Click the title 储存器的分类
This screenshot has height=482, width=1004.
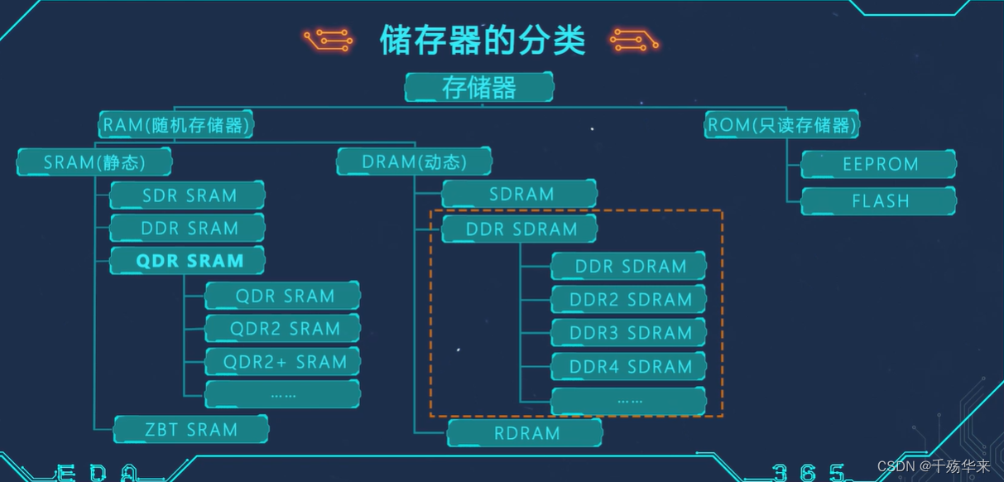pos(482,40)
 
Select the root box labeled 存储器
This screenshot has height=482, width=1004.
pos(479,87)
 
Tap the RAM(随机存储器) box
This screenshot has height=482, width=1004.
pos(177,125)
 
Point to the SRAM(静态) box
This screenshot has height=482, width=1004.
pos(94,162)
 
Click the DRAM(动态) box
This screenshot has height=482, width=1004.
pos(414,162)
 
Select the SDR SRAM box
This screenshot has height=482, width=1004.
pos(188,195)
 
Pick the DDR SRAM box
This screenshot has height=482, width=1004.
pos(188,228)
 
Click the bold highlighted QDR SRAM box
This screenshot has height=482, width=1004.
pos(188,261)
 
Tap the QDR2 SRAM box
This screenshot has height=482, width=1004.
pos(283,329)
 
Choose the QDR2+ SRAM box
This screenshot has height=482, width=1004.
pos(283,362)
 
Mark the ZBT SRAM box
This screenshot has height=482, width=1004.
pos(191,430)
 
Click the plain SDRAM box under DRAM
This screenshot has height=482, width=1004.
pos(520,194)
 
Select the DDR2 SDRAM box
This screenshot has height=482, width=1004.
pos(629,300)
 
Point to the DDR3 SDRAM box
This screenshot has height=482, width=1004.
pos(629,333)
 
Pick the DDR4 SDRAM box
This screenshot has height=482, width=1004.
pos(629,367)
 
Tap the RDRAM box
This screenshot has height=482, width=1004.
pos(526,432)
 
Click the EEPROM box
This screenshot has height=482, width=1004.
pos(879,164)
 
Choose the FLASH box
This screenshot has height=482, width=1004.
pos(879,200)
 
